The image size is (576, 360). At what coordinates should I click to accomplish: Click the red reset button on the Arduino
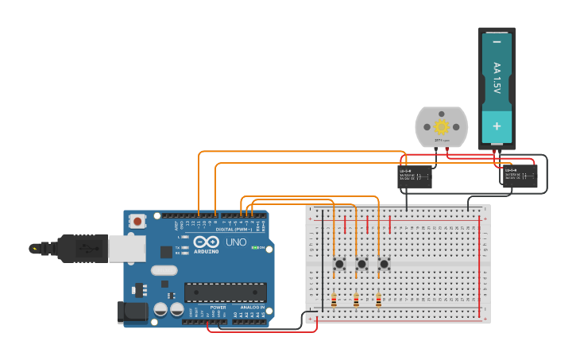click(137, 222)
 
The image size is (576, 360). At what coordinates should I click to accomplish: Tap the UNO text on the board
click(236, 242)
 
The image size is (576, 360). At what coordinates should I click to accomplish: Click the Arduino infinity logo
click(205, 242)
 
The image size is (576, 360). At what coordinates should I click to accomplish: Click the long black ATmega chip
click(225, 292)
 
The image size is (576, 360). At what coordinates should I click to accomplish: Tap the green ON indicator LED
click(254, 248)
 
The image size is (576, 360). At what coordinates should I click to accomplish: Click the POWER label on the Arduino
click(218, 307)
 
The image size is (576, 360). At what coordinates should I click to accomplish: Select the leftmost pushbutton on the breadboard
click(339, 263)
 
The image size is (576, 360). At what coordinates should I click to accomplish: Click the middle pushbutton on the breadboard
click(361, 263)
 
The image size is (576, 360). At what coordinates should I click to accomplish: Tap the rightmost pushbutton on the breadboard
click(384, 263)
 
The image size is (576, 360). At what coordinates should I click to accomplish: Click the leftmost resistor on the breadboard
click(334, 301)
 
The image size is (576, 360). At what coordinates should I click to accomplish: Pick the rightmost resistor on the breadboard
click(378, 301)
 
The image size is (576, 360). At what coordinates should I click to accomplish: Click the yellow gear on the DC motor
click(441, 126)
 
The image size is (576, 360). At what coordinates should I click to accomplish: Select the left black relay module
click(414, 176)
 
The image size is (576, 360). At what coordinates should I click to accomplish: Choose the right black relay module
click(520, 176)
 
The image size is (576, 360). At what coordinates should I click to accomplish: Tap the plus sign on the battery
click(497, 126)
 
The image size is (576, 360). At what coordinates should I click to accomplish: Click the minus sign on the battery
click(497, 41)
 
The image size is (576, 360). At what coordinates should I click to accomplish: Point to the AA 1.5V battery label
click(497, 79)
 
